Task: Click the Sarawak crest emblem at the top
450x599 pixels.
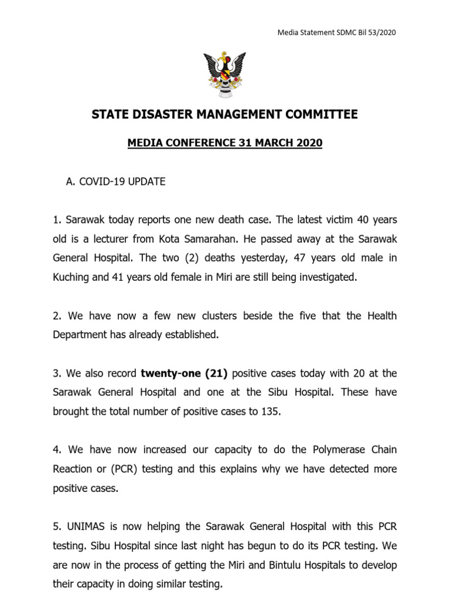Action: coord(224,75)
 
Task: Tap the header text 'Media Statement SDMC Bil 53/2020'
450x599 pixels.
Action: coord(336,32)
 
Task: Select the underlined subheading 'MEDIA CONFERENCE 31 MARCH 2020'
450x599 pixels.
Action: coord(225,143)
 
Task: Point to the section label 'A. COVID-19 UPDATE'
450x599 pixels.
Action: coord(115,182)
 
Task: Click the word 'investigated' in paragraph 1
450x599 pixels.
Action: coord(326,277)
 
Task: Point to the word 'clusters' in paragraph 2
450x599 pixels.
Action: coord(225,316)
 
